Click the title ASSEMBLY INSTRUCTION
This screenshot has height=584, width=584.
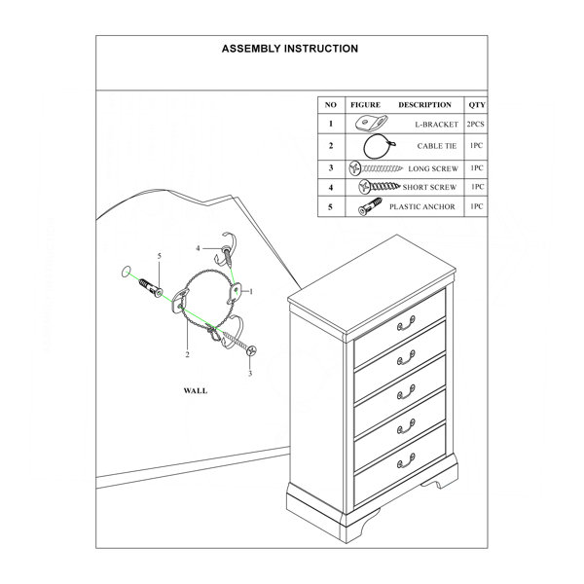click(x=290, y=49)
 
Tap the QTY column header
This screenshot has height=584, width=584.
click(x=477, y=105)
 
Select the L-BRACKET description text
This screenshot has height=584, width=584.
click(x=436, y=125)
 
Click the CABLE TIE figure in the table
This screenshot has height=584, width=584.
click(x=378, y=146)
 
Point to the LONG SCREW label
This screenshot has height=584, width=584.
click(x=433, y=168)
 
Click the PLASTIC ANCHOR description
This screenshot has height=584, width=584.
click(x=422, y=206)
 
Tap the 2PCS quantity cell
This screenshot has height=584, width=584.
click(x=476, y=124)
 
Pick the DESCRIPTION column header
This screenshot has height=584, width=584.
click(x=424, y=105)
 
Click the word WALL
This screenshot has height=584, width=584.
click(x=196, y=390)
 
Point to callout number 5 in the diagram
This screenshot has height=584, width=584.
click(x=160, y=256)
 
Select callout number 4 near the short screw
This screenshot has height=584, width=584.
click(x=199, y=248)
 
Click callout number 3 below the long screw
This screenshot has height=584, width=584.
click(x=250, y=373)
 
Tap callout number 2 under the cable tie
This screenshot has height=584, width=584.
click(x=187, y=355)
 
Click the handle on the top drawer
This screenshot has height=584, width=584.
click(x=406, y=323)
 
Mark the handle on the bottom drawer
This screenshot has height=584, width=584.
click(x=406, y=461)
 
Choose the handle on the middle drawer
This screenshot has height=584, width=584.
click(x=406, y=392)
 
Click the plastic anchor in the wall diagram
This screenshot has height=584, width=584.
click(x=151, y=288)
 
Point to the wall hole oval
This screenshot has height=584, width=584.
click(x=127, y=272)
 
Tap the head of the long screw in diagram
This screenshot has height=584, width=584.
click(x=252, y=350)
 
